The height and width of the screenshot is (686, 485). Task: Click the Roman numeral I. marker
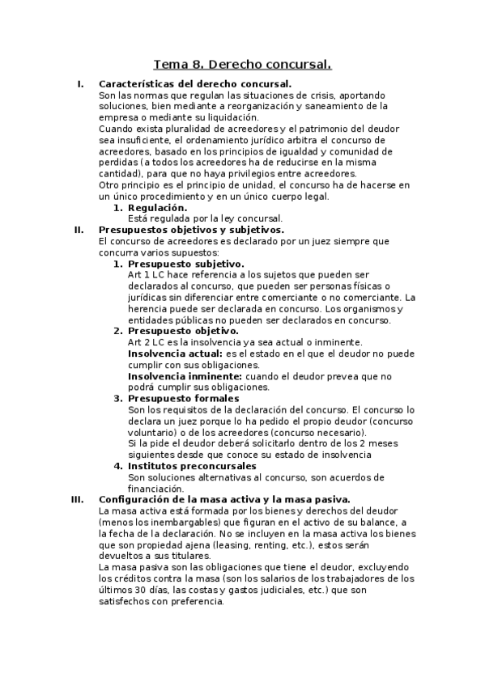pyautogui.click(x=79, y=84)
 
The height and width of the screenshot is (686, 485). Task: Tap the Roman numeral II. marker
pyautogui.click(x=79, y=230)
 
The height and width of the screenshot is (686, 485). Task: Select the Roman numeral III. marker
pyautogui.click(x=77, y=499)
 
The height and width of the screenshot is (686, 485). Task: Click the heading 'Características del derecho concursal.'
pyautogui.click(x=194, y=84)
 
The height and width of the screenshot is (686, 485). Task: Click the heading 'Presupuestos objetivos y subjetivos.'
pyautogui.click(x=190, y=230)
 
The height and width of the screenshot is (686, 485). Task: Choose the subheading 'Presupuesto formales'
pyautogui.click(x=183, y=398)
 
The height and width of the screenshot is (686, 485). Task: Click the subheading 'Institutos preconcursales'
pyautogui.click(x=192, y=466)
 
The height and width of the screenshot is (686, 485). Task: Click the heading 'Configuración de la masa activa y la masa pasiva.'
pyautogui.click(x=223, y=499)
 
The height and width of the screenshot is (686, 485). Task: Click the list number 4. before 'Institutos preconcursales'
pyautogui.click(x=117, y=466)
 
